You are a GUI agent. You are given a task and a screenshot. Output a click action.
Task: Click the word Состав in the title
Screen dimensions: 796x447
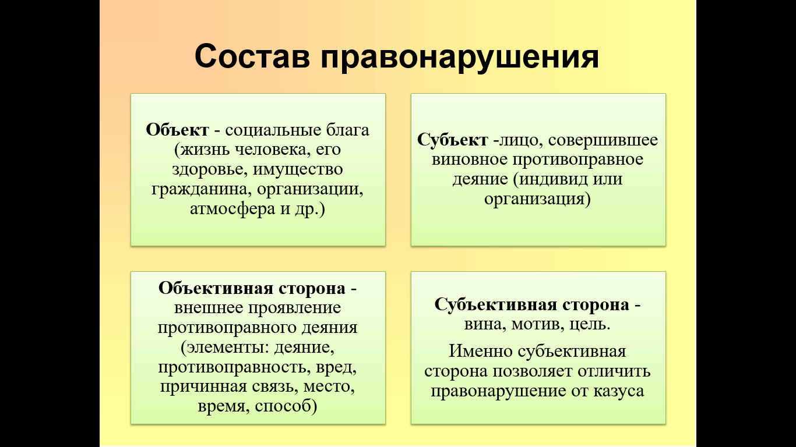click(x=252, y=56)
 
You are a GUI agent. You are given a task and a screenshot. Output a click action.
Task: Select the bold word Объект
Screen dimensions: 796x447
click(x=177, y=130)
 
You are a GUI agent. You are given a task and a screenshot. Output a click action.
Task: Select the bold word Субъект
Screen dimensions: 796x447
click(x=452, y=140)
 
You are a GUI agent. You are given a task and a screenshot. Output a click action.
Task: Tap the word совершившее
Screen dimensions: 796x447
click(x=603, y=140)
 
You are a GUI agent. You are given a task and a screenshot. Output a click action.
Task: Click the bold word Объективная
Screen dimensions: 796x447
click(x=216, y=288)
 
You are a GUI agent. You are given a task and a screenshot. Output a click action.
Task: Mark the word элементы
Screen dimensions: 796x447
click(x=225, y=347)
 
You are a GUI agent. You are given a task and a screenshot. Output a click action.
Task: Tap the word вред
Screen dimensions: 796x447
click(x=336, y=367)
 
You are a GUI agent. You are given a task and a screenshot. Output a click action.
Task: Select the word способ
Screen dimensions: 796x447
click(x=286, y=406)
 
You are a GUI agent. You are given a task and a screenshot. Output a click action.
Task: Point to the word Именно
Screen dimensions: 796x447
click(x=480, y=351)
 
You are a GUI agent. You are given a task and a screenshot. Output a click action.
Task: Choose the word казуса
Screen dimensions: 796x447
click(x=619, y=391)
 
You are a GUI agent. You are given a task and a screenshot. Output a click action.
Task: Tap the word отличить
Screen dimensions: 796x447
click(x=614, y=371)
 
